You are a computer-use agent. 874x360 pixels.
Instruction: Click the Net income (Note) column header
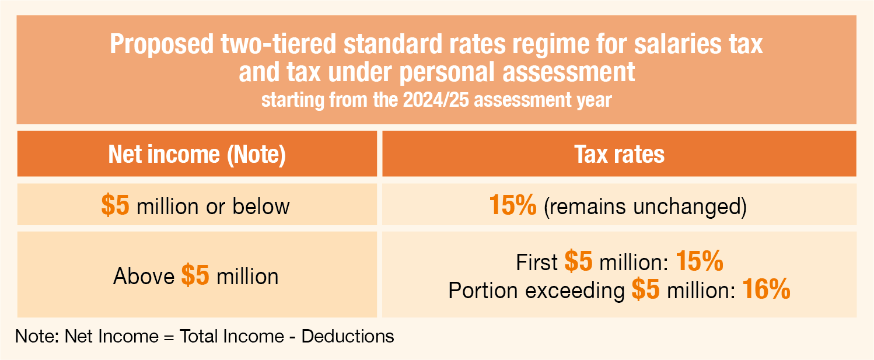tap(197, 155)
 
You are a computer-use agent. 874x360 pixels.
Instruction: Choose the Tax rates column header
tap(619, 155)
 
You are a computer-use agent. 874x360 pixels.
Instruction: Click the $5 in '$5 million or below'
tap(116, 206)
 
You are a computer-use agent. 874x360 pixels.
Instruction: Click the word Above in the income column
tap(144, 276)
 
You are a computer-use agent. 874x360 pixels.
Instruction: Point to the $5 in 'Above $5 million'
tap(195, 275)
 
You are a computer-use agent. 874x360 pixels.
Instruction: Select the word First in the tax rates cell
tap(537, 263)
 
